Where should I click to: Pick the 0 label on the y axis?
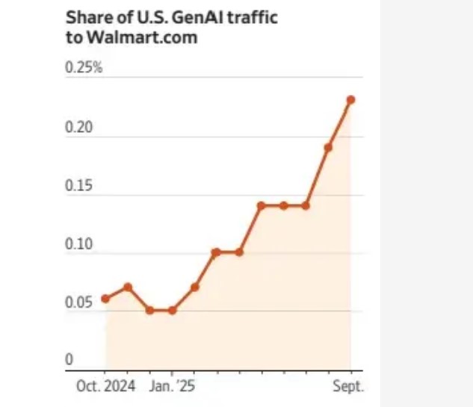[x=69, y=360]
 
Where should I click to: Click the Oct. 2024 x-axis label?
[x=105, y=386]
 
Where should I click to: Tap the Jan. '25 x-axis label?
[x=172, y=386]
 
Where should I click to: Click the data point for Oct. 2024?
[x=105, y=299]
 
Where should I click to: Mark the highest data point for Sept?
[x=350, y=99]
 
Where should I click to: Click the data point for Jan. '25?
[x=172, y=310]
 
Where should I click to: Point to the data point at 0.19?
[x=328, y=147]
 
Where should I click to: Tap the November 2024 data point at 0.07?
[x=128, y=287]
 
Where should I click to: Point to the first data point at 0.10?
[x=216, y=252]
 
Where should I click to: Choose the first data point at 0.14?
[x=261, y=205]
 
